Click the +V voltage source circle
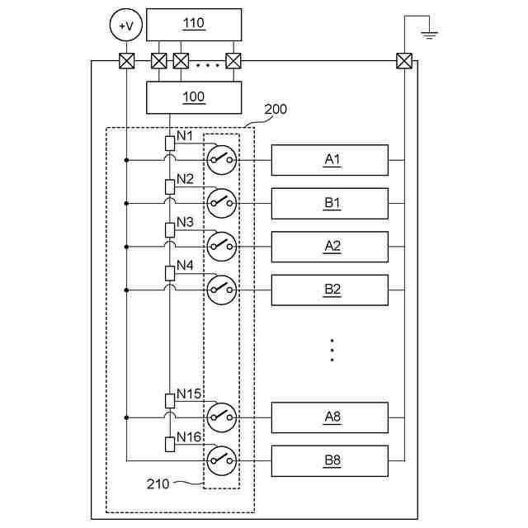[126, 26]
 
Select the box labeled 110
[194, 24]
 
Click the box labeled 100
[194, 97]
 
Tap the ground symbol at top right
[429, 35]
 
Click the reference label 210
[157, 484]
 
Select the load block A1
[330, 160]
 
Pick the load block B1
[330, 203]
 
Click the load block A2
[330, 246]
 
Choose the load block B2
[330, 290]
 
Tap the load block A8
[330, 417]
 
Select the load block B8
[330, 460]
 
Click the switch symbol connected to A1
[221, 159]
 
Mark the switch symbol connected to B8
[221, 460]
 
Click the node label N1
[185, 135]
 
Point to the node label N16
[189, 437]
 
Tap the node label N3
[185, 222]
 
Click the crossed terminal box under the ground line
[404, 60]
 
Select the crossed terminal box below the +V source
[126, 60]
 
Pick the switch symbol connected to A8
[221, 417]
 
